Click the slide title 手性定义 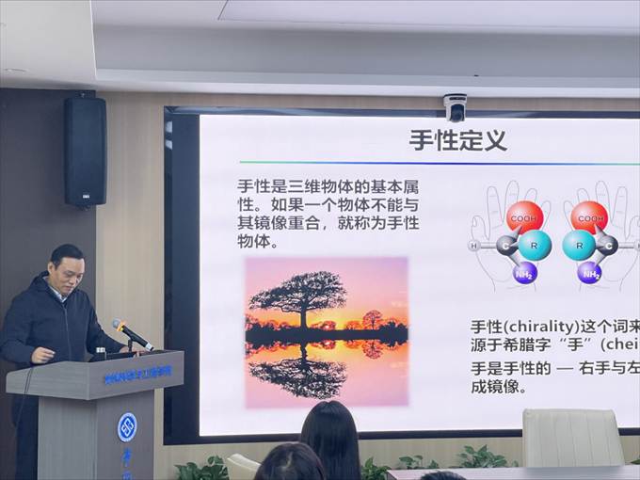(x=457, y=141)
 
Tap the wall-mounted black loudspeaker (x=85, y=152)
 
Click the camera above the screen (x=456, y=106)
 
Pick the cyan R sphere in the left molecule (x=535, y=246)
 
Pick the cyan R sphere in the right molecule (x=579, y=246)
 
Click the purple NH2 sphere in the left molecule (x=524, y=273)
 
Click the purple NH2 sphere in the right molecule (x=590, y=273)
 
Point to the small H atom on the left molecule (x=472, y=247)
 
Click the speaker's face (x=68, y=272)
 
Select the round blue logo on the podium (x=126, y=426)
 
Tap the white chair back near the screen (x=572, y=438)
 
